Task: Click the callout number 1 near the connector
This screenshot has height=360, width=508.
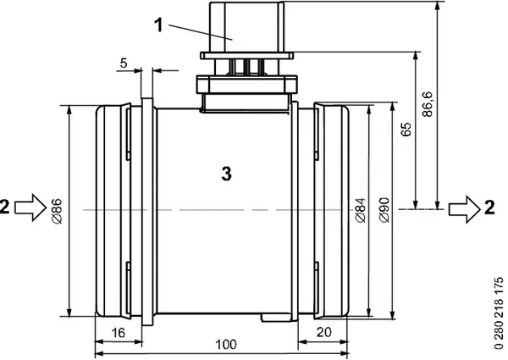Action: (159, 25)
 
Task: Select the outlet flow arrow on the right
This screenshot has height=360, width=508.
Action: (464, 206)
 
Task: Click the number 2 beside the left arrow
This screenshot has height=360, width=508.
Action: (7, 206)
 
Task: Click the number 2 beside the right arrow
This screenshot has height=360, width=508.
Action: (490, 206)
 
